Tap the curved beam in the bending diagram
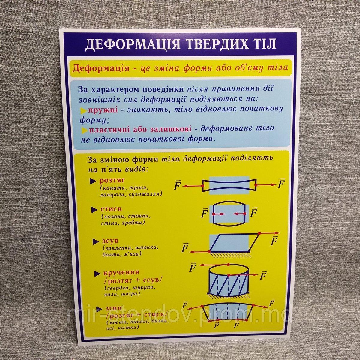point(229,312)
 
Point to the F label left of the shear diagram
point(185,248)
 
